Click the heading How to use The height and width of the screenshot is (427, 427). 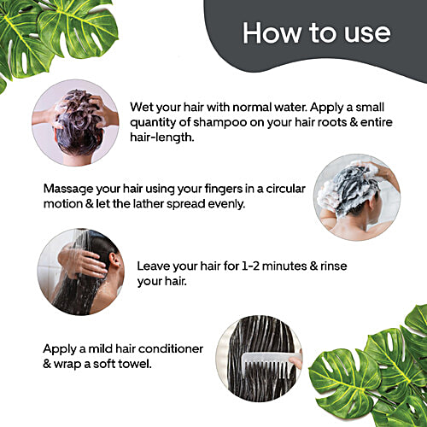316,33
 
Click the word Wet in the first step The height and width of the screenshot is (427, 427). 144,108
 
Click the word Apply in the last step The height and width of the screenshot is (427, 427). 60,349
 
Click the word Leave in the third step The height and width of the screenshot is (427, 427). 156,266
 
